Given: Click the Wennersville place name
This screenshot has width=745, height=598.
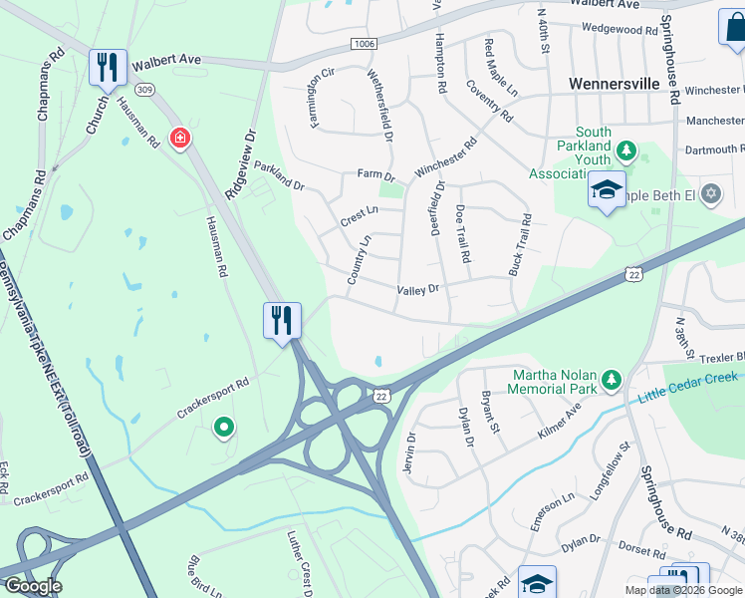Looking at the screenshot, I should [615, 84].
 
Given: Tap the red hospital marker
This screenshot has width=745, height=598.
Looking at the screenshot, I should [180, 138].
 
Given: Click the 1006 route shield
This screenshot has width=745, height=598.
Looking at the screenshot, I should [364, 45].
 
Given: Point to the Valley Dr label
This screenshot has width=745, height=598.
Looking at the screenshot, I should [417, 290].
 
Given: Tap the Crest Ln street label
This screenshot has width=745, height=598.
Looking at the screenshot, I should [360, 211].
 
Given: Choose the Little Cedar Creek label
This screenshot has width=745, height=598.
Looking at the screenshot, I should [687, 386].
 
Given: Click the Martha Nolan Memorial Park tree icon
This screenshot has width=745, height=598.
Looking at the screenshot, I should [612, 380].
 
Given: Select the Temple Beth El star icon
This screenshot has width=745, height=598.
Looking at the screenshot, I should [710, 193].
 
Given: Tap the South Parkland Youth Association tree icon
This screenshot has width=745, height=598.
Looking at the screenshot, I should [626, 151].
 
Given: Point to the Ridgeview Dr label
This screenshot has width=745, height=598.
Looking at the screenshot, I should [240, 162].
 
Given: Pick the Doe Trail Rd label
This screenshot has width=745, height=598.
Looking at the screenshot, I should [462, 234].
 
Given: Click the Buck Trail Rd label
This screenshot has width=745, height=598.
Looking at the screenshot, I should [520, 244].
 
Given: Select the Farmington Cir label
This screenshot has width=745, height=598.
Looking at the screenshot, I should [321, 100].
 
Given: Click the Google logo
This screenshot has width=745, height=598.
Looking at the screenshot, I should [32, 585].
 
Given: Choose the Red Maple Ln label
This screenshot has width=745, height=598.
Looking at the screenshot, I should [501, 66].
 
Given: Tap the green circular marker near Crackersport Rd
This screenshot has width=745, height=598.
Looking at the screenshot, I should [224, 429].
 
